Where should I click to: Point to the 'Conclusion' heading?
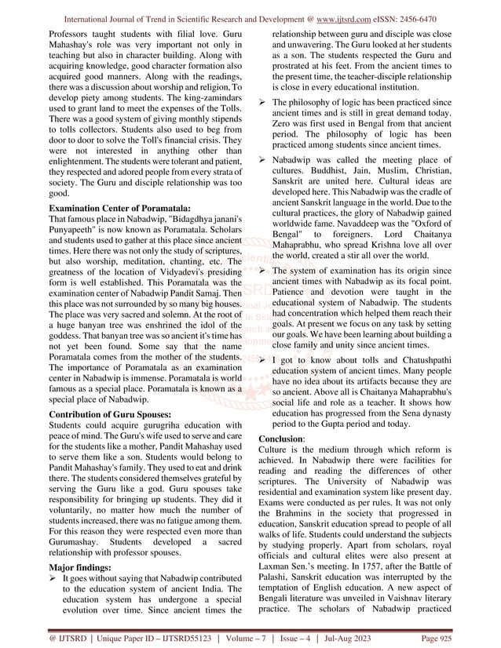(x=281, y=439)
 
